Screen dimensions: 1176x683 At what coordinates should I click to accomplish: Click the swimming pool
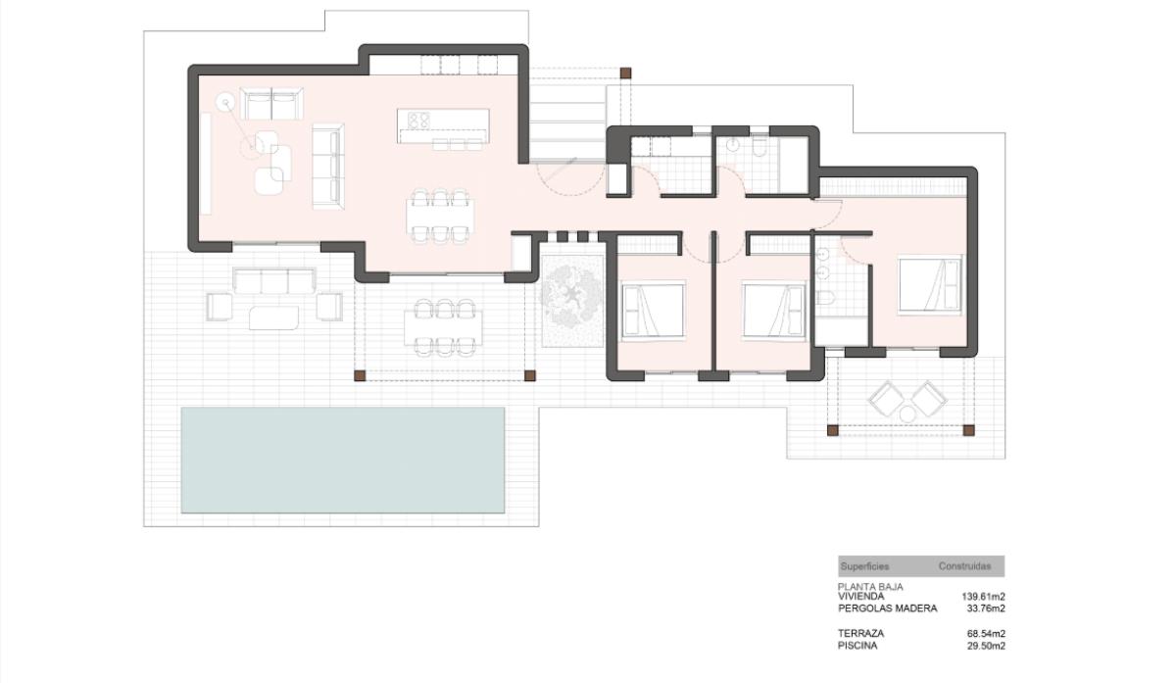tap(343, 460)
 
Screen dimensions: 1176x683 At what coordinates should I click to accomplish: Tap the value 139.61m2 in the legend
tap(983, 597)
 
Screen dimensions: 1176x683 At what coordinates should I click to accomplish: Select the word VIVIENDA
tap(861, 597)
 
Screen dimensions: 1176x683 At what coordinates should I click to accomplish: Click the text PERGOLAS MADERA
tap(887, 609)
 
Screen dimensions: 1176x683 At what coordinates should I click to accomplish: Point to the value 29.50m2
tap(986, 646)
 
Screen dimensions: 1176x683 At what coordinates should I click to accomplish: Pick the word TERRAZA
tap(861, 633)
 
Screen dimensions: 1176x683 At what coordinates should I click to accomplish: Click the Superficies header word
tap(864, 566)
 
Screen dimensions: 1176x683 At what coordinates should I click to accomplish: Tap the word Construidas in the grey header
tap(964, 566)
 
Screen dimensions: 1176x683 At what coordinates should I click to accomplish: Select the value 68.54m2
tap(986, 633)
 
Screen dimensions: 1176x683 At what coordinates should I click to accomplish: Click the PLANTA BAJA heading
tap(870, 586)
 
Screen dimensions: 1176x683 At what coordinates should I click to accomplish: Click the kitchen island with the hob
tap(443, 126)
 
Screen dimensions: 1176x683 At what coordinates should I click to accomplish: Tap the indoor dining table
tap(440, 217)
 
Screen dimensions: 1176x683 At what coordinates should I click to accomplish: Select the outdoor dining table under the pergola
tap(443, 327)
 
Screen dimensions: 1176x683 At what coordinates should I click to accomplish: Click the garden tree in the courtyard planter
tap(572, 300)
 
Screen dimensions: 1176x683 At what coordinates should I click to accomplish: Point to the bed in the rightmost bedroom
tap(929, 284)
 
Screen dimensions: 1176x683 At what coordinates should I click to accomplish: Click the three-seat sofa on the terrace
tap(274, 281)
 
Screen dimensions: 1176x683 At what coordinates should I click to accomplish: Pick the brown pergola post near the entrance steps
tap(625, 73)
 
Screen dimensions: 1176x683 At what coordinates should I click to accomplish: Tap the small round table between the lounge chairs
tap(907, 415)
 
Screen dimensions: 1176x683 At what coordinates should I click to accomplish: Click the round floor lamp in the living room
tap(225, 102)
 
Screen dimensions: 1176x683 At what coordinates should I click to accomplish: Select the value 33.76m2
tap(986, 609)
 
